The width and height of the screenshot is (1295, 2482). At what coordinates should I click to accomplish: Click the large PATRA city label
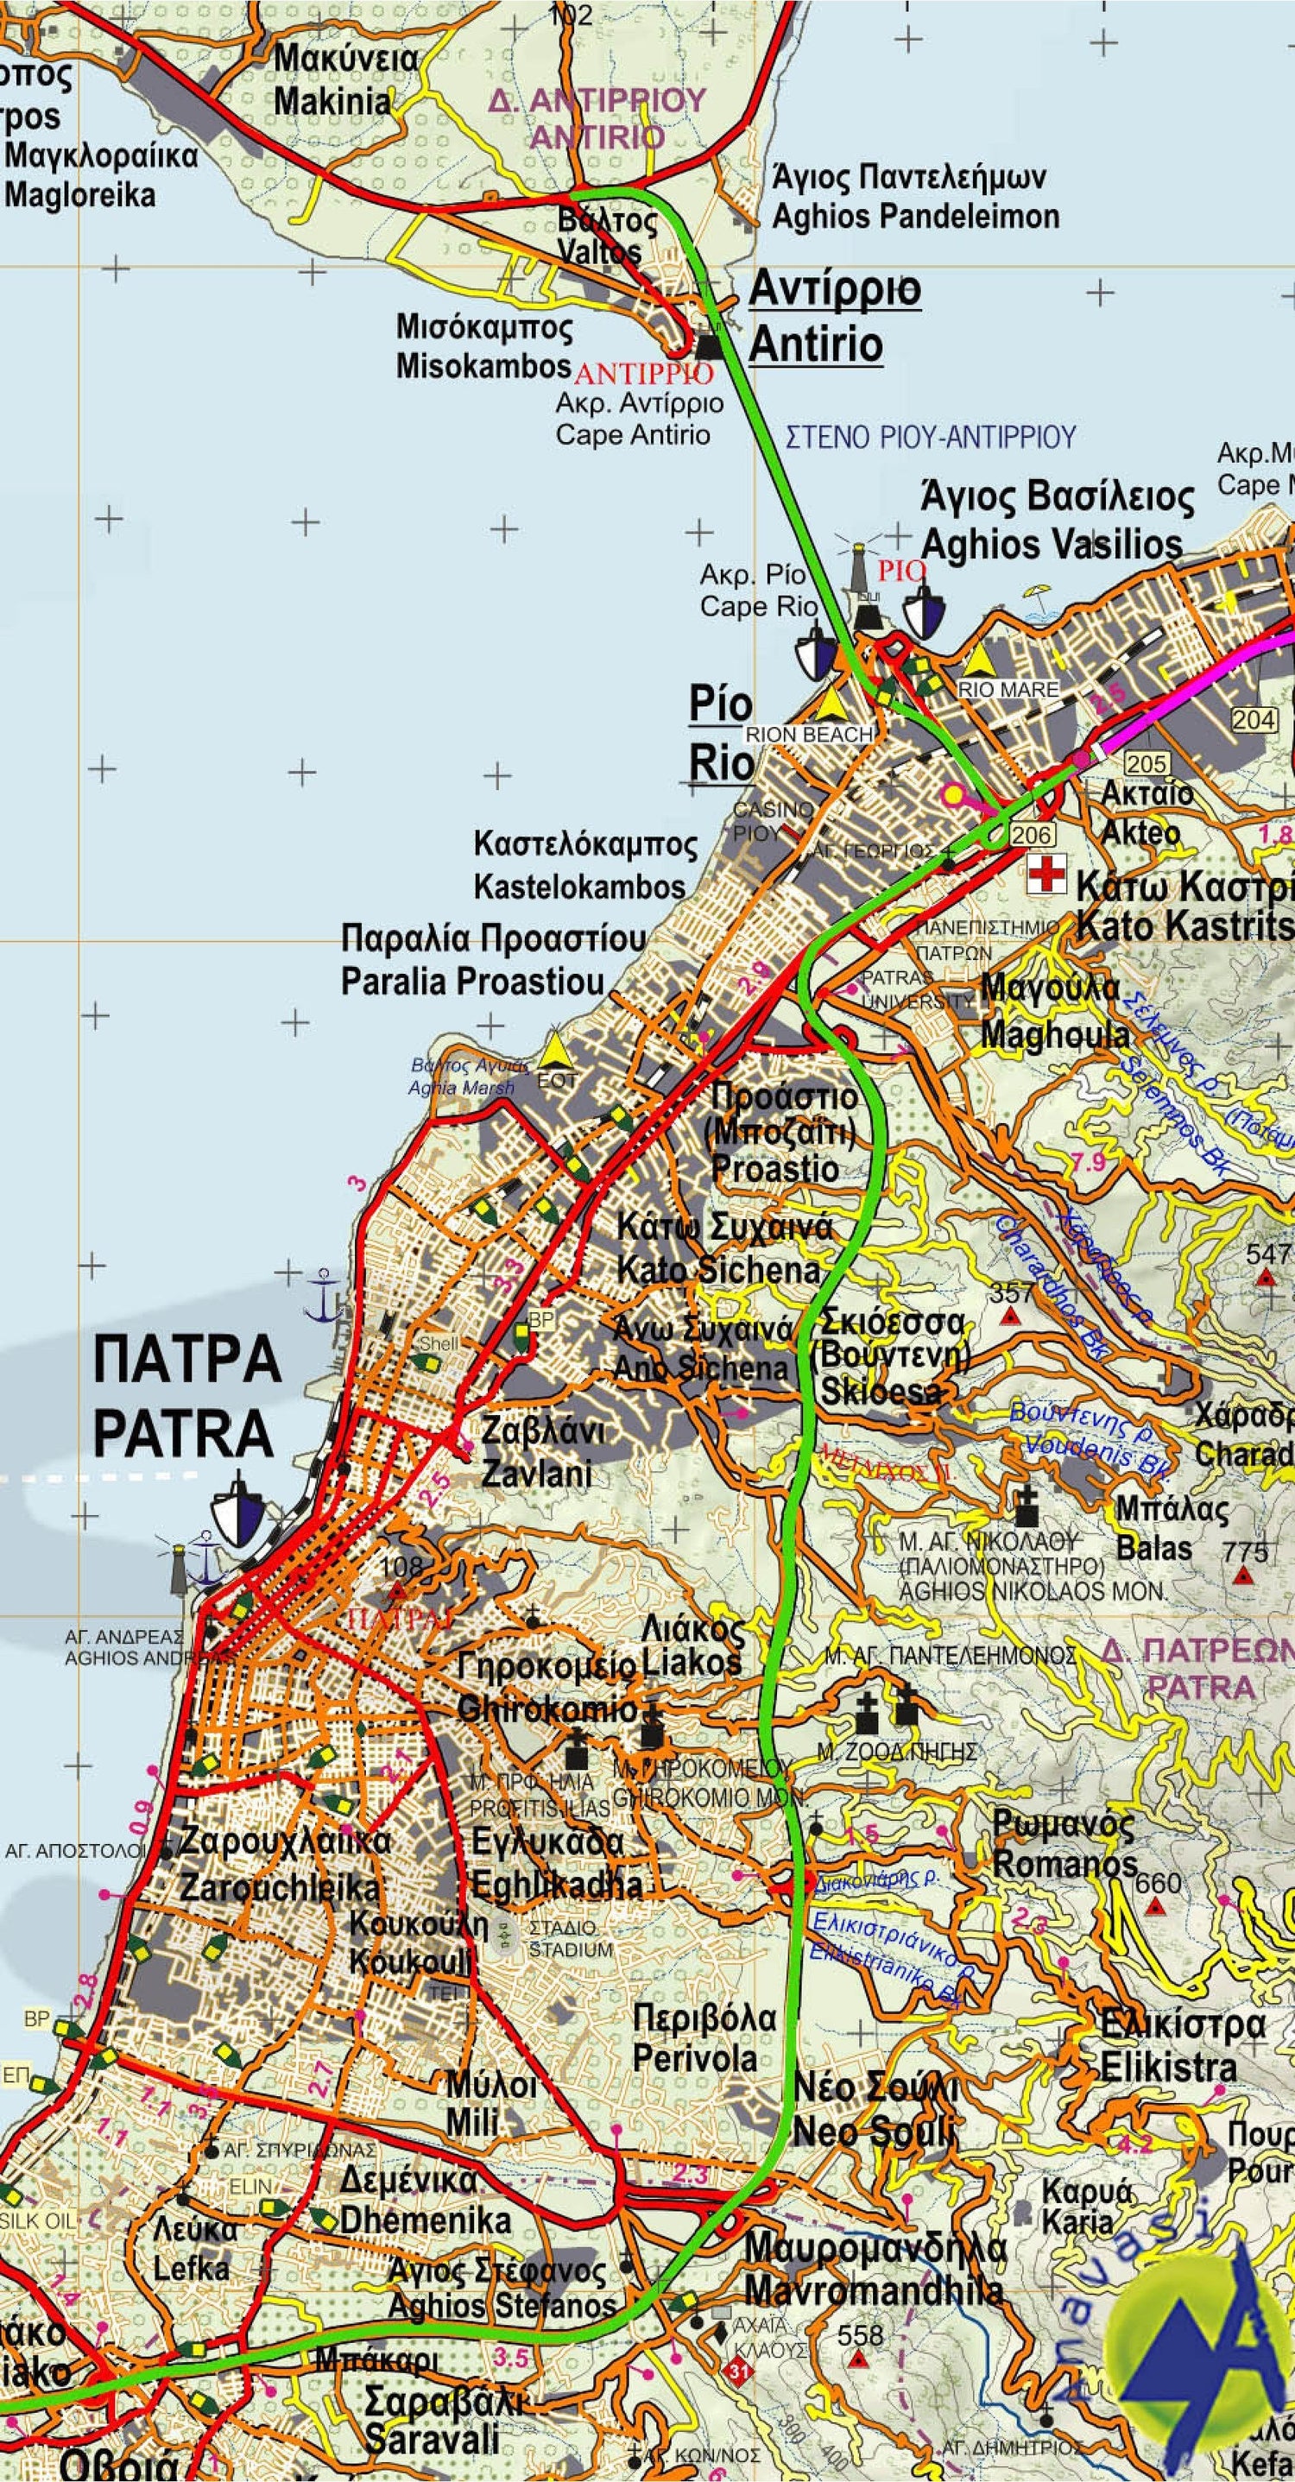183,1434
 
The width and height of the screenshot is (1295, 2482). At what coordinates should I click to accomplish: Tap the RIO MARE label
1008,690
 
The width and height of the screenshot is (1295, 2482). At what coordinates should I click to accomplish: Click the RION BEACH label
810,734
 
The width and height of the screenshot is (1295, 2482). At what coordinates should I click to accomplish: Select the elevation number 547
1268,1254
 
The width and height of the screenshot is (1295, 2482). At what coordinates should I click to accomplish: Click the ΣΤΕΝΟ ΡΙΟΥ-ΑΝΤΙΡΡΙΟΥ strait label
930,437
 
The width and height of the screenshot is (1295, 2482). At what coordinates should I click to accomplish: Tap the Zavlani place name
536,1473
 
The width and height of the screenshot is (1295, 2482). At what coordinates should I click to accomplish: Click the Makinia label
332,101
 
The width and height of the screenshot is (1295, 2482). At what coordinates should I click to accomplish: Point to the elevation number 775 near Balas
1245,1552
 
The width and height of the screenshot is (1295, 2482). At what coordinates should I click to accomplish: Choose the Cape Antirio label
632,434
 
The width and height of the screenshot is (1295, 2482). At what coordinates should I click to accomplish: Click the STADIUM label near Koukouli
571,1949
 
